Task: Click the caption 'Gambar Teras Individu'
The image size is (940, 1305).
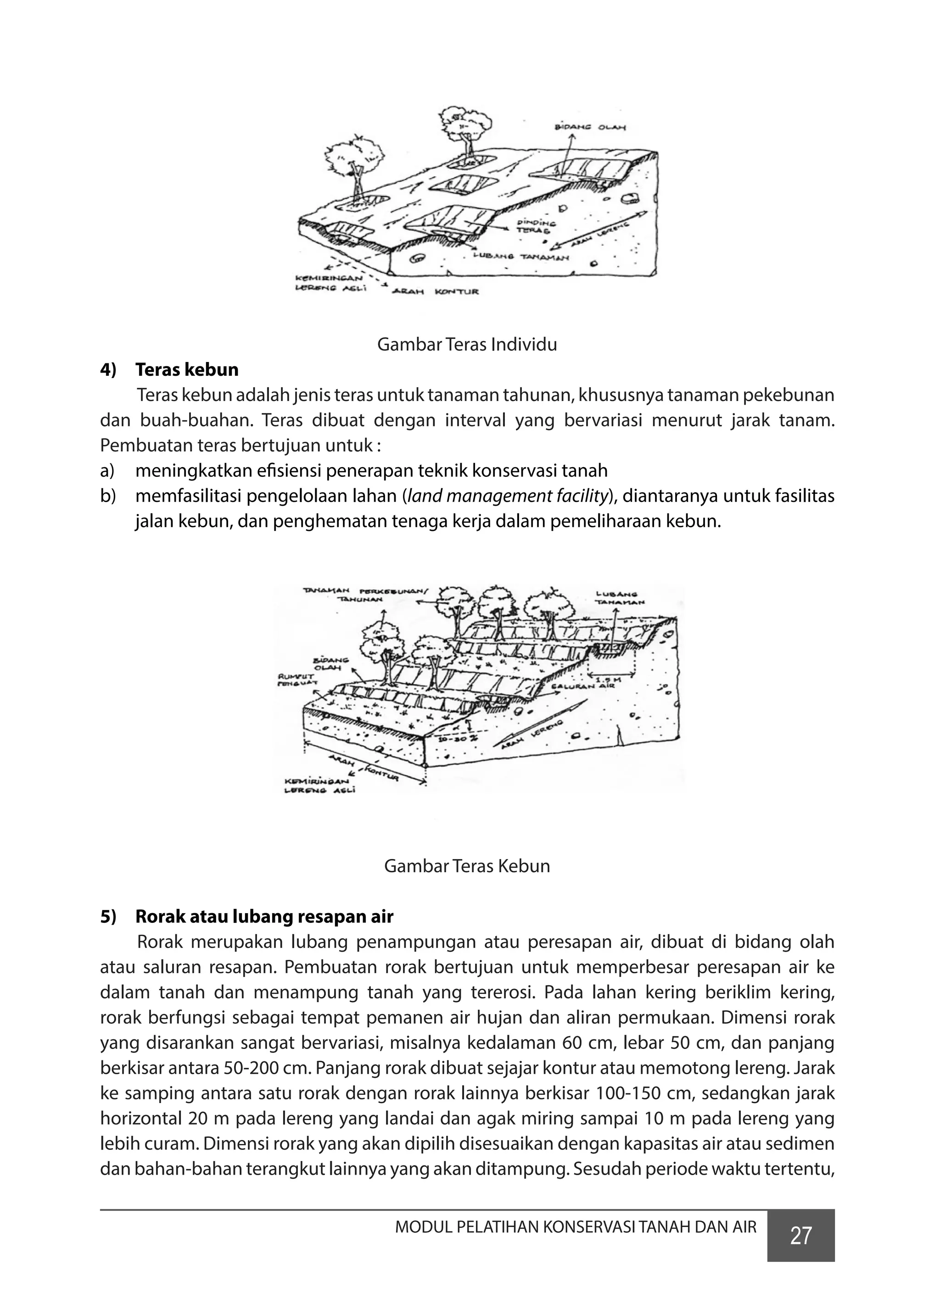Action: (467, 345)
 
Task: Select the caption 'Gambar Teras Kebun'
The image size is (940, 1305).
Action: (467, 866)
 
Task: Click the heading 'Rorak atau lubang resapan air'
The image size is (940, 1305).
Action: (264, 917)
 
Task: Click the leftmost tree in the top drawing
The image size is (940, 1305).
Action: (353, 163)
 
